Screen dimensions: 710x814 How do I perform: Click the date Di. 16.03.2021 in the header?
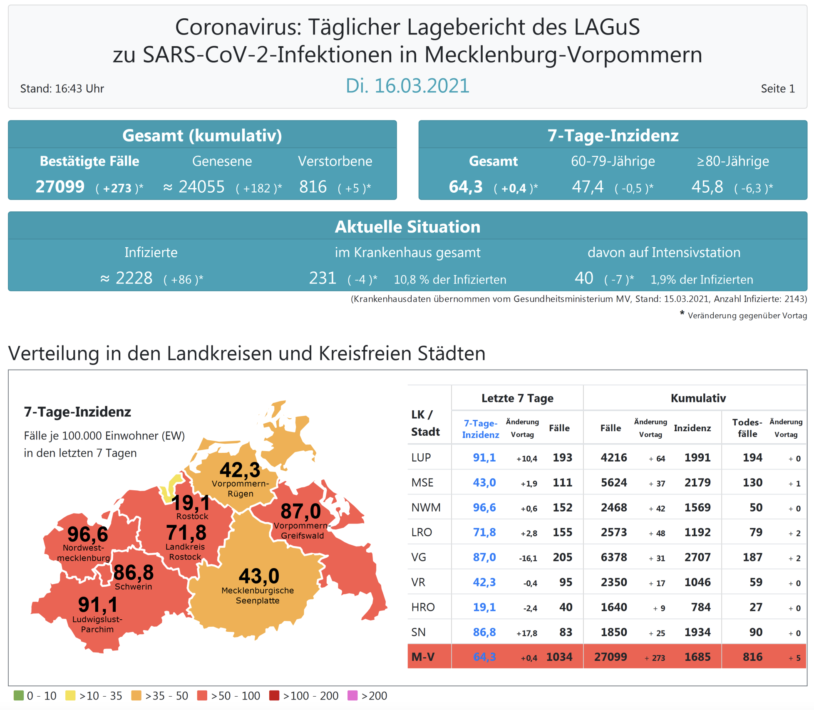click(407, 86)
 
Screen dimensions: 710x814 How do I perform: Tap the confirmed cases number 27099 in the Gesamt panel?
click(60, 187)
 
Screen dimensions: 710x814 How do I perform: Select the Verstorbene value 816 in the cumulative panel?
click(313, 187)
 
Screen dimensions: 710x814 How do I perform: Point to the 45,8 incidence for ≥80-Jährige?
click(707, 187)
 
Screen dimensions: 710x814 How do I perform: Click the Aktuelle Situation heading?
click(407, 227)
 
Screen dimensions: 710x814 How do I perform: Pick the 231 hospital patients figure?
click(323, 278)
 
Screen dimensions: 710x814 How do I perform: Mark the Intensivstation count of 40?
click(583, 278)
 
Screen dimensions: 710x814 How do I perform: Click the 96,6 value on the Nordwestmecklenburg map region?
click(87, 534)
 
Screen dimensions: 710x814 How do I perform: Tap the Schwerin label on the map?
click(133, 587)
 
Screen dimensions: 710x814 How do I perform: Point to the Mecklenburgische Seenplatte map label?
click(258, 595)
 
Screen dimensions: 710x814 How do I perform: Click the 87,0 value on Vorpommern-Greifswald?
click(300, 511)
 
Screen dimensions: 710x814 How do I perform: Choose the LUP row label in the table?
click(421, 457)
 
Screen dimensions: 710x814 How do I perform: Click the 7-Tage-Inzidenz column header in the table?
click(480, 429)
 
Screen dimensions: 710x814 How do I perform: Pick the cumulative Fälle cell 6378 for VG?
click(613, 557)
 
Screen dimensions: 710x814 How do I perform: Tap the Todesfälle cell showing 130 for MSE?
click(752, 482)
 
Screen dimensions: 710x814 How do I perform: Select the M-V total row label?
click(423, 657)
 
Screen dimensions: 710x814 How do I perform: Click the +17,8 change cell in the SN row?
click(526, 633)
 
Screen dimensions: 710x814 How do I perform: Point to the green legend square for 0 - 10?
click(19, 695)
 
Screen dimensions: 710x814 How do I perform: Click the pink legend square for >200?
click(352, 695)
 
